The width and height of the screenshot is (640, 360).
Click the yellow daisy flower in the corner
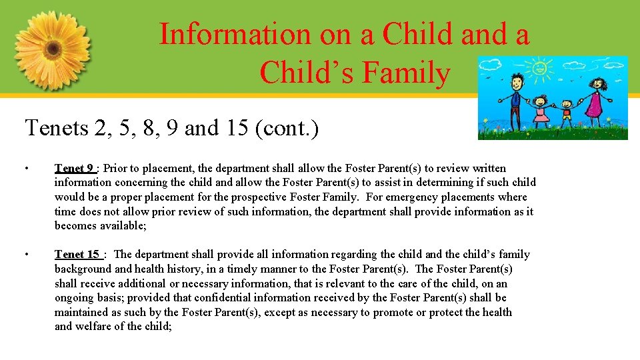(51, 50)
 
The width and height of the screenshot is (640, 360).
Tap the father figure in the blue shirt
(515, 100)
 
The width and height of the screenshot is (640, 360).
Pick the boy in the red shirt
(566, 113)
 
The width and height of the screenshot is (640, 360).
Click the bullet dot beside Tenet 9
(27, 169)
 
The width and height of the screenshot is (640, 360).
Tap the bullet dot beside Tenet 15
(27, 255)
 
